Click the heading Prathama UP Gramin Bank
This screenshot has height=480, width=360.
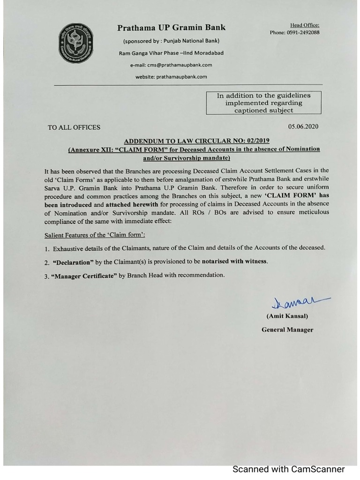[171, 28]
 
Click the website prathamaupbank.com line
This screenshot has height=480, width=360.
[171, 76]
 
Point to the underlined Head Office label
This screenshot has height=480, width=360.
[305, 25]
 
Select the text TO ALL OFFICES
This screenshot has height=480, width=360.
[74, 127]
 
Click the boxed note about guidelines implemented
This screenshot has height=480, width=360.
[263, 103]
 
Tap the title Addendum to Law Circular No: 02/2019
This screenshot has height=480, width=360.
[196, 141]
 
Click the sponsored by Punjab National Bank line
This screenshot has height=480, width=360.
[171, 41]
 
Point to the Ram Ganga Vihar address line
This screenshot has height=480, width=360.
[171, 53]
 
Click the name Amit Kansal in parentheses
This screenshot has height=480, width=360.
[287, 316]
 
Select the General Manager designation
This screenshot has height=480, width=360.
[287, 330]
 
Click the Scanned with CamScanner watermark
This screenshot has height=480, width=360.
[289, 469]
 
